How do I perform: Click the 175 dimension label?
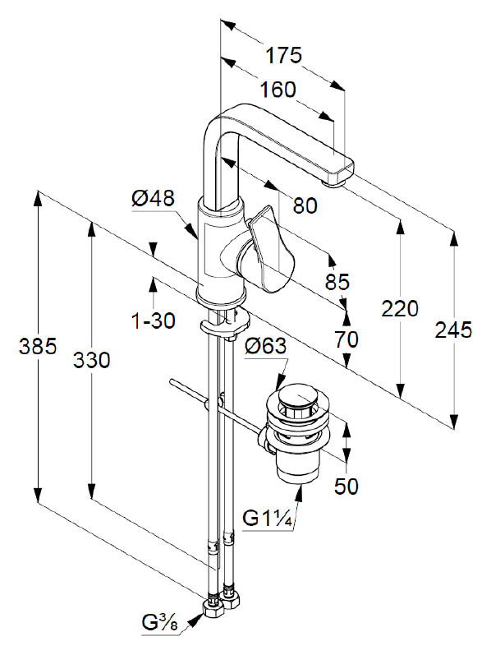(283, 55)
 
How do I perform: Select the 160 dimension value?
(278, 90)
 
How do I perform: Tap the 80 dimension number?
(305, 205)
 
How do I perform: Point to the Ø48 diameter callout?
(153, 197)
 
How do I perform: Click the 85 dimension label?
(337, 282)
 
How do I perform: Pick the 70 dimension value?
(346, 339)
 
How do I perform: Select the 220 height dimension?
(400, 309)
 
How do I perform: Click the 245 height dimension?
(453, 330)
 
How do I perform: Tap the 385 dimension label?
(38, 346)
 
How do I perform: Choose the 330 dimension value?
(91, 360)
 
